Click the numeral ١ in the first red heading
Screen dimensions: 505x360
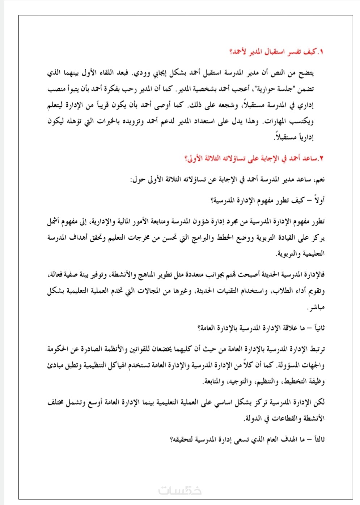321,52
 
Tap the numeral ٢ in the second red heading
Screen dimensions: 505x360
321,159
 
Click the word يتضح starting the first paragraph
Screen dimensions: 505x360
306,73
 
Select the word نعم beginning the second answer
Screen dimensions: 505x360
319,180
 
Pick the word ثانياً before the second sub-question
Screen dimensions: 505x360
317,328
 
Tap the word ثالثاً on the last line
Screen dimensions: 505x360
317,440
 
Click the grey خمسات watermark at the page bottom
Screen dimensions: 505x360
180,491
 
